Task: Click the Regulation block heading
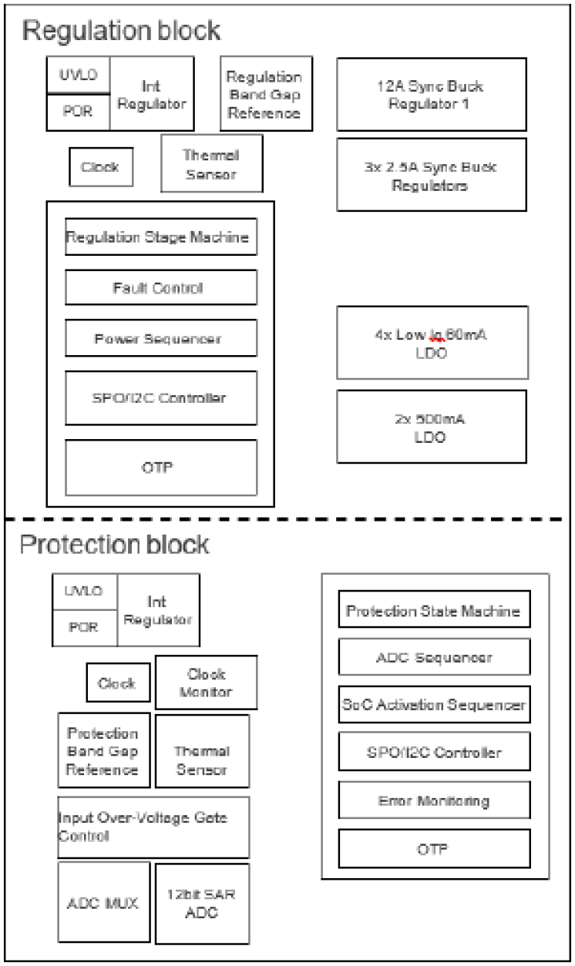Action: pos(121,31)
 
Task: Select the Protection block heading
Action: pos(114,544)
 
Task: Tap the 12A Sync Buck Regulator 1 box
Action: pos(431,93)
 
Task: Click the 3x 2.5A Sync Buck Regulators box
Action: pos(431,174)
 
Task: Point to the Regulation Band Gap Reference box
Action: pos(266,92)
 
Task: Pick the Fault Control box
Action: pos(160,289)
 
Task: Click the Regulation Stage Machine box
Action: pos(160,237)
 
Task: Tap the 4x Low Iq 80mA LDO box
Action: pos(431,343)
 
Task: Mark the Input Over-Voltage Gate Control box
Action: pos(153,827)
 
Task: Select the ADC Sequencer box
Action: pos(435,657)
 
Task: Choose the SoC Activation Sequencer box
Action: pos(435,704)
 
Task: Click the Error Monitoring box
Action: pos(435,800)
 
